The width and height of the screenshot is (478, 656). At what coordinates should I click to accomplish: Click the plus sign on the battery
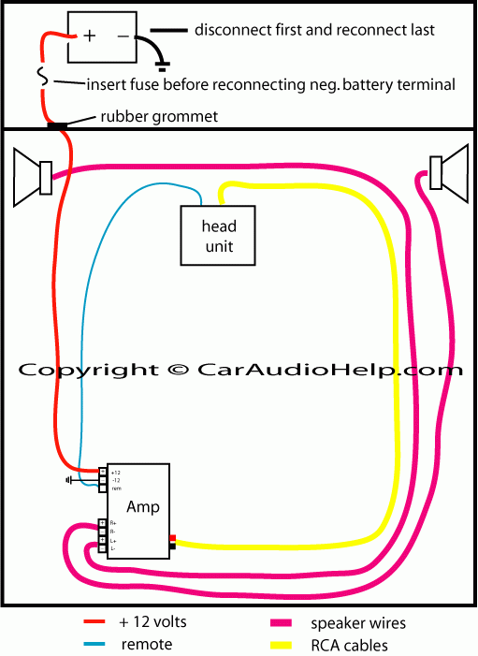pyautogui.click(x=90, y=36)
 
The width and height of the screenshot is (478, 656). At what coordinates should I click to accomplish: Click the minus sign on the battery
pyautogui.click(x=123, y=36)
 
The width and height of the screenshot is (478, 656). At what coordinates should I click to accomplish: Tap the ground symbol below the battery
pyautogui.click(x=162, y=66)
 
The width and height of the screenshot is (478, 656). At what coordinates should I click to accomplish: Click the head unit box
pyautogui.click(x=218, y=236)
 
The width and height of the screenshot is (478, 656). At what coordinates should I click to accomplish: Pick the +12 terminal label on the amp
pyautogui.click(x=116, y=471)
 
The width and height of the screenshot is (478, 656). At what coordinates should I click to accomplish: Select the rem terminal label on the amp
pyautogui.click(x=116, y=488)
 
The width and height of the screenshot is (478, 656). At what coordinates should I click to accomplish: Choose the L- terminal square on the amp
pyautogui.click(x=103, y=548)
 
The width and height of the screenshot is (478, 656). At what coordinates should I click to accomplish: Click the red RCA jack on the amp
pyautogui.click(x=173, y=537)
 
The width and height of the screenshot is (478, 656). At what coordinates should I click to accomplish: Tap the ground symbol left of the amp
pyautogui.click(x=69, y=480)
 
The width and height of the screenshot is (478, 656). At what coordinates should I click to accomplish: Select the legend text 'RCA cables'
pyautogui.click(x=348, y=645)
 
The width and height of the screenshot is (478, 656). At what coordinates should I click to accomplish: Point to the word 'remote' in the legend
pyautogui.click(x=147, y=644)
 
